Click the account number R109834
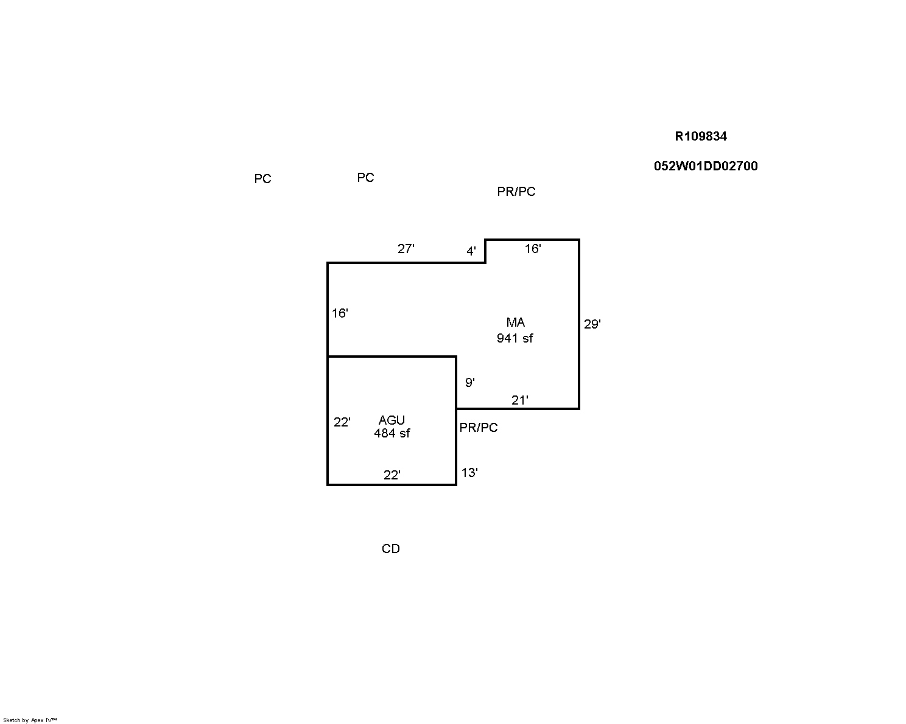pos(701,136)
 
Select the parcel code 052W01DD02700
pos(706,166)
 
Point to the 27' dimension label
pos(406,249)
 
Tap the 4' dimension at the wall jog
pos(471,251)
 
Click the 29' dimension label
pos(592,324)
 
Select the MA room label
pos(515,322)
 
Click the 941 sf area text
pos(515,338)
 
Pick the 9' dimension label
pos(470,383)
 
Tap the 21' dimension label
pos(519,400)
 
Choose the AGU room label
pos(392,420)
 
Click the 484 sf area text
pos(392,433)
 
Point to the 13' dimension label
pos(469,473)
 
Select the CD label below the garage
pos(391,549)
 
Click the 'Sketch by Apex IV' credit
pos(30,720)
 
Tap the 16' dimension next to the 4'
pos(533,249)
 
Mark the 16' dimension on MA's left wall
pos(340,313)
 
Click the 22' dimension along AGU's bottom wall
pos(392,475)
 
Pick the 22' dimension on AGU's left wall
pos(342,422)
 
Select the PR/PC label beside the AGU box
pos(478,428)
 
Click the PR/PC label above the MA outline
pos(516,192)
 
